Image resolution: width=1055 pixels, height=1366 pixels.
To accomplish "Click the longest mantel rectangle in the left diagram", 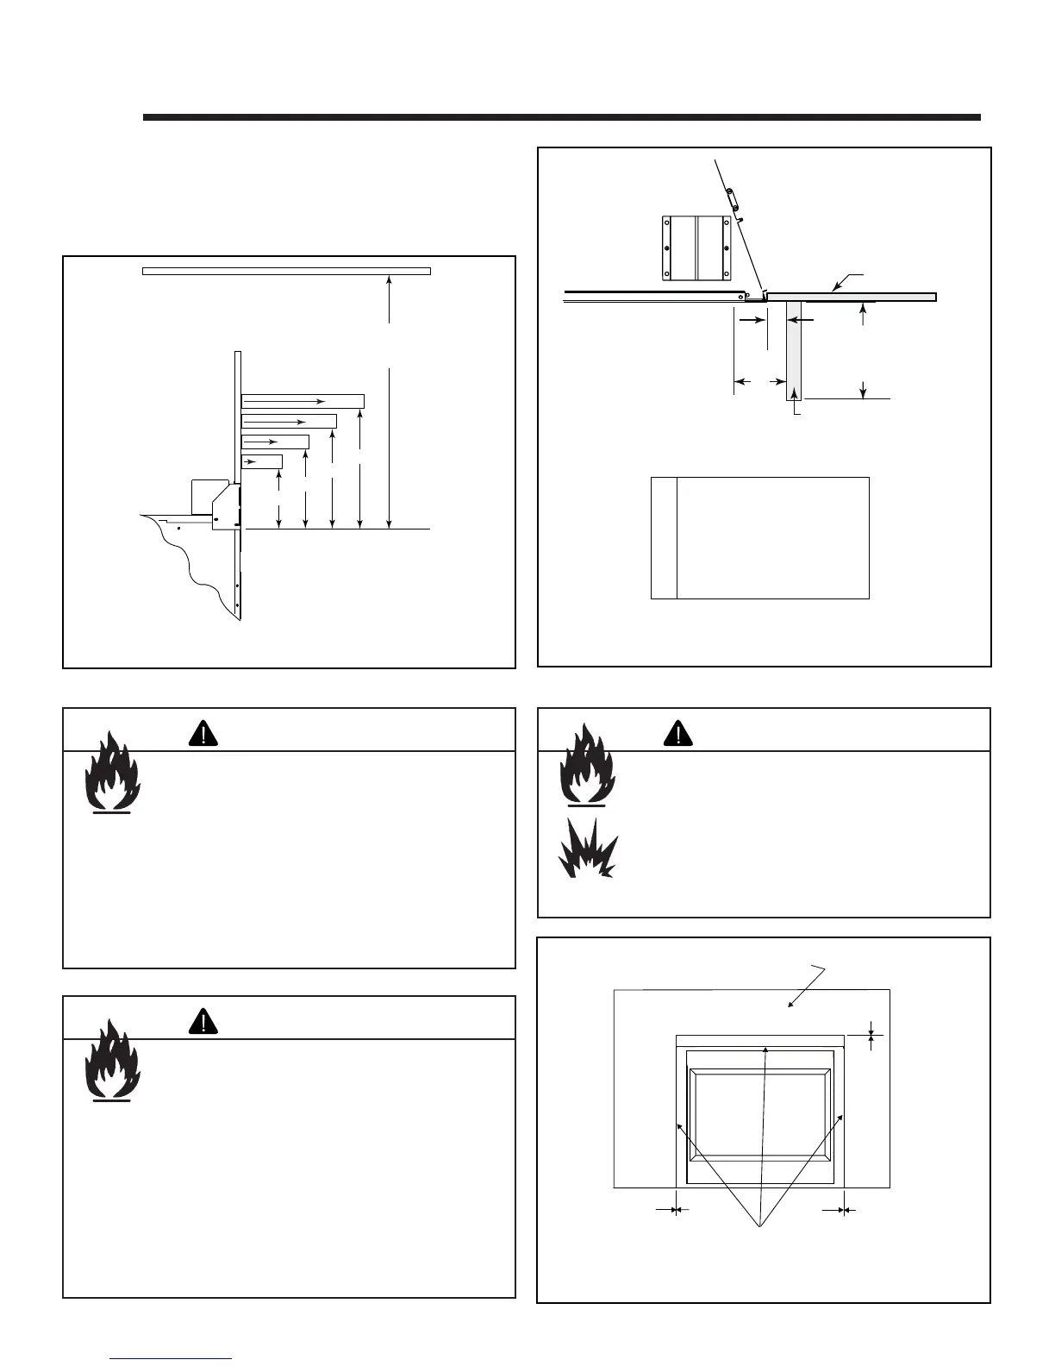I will (x=303, y=401).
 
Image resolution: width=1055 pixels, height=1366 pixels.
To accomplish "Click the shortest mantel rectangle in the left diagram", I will (x=261, y=462).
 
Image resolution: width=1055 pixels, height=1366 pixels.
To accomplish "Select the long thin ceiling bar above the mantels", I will (x=286, y=271).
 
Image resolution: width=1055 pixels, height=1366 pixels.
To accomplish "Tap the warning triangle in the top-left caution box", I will (x=203, y=732).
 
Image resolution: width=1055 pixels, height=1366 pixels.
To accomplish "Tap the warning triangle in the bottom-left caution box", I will (x=203, y=1020).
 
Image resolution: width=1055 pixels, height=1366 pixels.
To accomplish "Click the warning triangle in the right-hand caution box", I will (x=679, y=732).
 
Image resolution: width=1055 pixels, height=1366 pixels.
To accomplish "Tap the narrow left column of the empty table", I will (x=664, y=537).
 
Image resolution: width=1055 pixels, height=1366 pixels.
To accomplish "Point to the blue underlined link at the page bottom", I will (x=172, y=1358).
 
